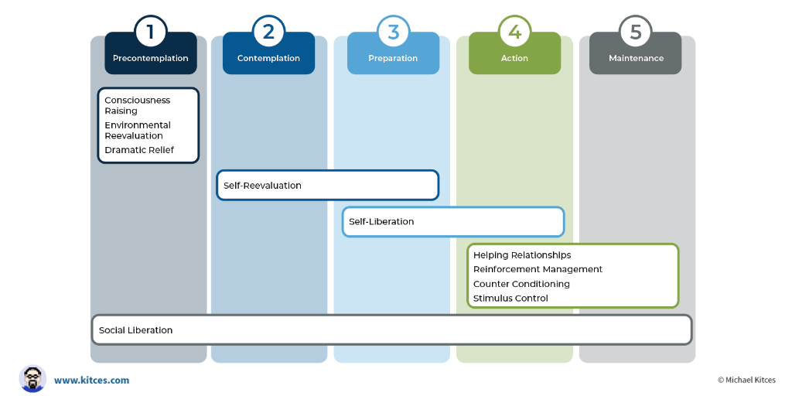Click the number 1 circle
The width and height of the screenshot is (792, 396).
pos(151,32)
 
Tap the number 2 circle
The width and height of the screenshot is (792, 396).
pos(268,32)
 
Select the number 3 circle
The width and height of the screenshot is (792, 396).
pos(393,32)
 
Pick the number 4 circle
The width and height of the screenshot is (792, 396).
pos(514,32)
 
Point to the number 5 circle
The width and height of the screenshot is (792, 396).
pos(636,32)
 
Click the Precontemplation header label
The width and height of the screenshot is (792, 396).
pos(151,58)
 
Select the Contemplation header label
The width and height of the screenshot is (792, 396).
pos(268,58)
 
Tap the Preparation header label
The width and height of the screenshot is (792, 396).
pos(393,58)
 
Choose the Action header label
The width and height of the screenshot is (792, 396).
pos(514,58)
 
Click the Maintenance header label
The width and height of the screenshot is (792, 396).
pos(636,58)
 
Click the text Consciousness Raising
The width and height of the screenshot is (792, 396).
pos(137,105)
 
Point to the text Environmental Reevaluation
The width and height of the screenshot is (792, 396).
pos(137,130)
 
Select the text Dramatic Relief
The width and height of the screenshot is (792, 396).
pos(139,150)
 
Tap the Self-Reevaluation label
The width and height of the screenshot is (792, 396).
pos(262,186)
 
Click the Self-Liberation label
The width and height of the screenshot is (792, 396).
pos(381,222)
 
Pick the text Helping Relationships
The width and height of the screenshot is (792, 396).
pos(522,255)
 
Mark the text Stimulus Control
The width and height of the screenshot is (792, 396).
pos(510,299)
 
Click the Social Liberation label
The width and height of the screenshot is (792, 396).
pos(135,330)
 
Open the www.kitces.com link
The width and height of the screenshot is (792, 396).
pos(91,381)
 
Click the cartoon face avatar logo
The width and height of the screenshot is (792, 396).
pos(32,379)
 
